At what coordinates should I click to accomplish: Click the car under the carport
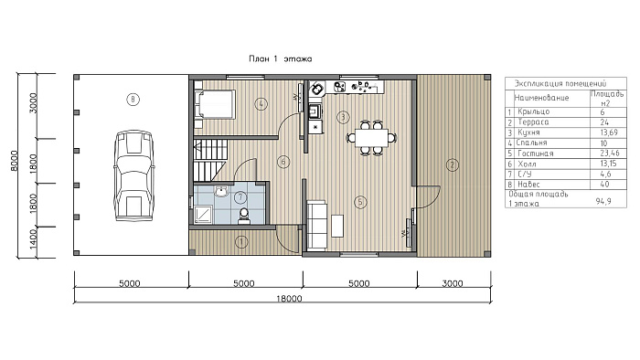(x=134, y=175)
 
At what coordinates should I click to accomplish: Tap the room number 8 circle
(x=133, y=99)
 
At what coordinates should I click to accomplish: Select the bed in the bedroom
(x=215, y=105)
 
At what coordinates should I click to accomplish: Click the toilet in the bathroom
(x=244, y=217)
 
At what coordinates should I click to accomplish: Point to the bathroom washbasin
(x=221, y=191)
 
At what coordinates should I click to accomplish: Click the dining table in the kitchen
(x=371, y=137)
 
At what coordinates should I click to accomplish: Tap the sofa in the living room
(x=316, y=225)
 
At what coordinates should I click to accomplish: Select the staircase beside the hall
(x=209, y=160)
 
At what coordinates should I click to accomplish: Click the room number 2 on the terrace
(x=452, y=165)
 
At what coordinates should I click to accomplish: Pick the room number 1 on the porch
(x=241, y=242)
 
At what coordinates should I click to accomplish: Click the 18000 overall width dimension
(x=289, y=299)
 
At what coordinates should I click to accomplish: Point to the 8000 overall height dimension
(x=14, y=161)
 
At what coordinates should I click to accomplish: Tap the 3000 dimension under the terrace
(x=453, y=283)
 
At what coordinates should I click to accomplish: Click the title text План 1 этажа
(x=281, y=58)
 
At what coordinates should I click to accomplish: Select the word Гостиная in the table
(x=536, y=154)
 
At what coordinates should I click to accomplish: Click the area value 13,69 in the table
(x=609, y=132)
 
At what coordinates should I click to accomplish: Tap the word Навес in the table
(x=528, y=185)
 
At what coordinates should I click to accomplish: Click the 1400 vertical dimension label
(x=34, y=238)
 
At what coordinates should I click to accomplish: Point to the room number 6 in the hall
(x=283, y=162)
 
